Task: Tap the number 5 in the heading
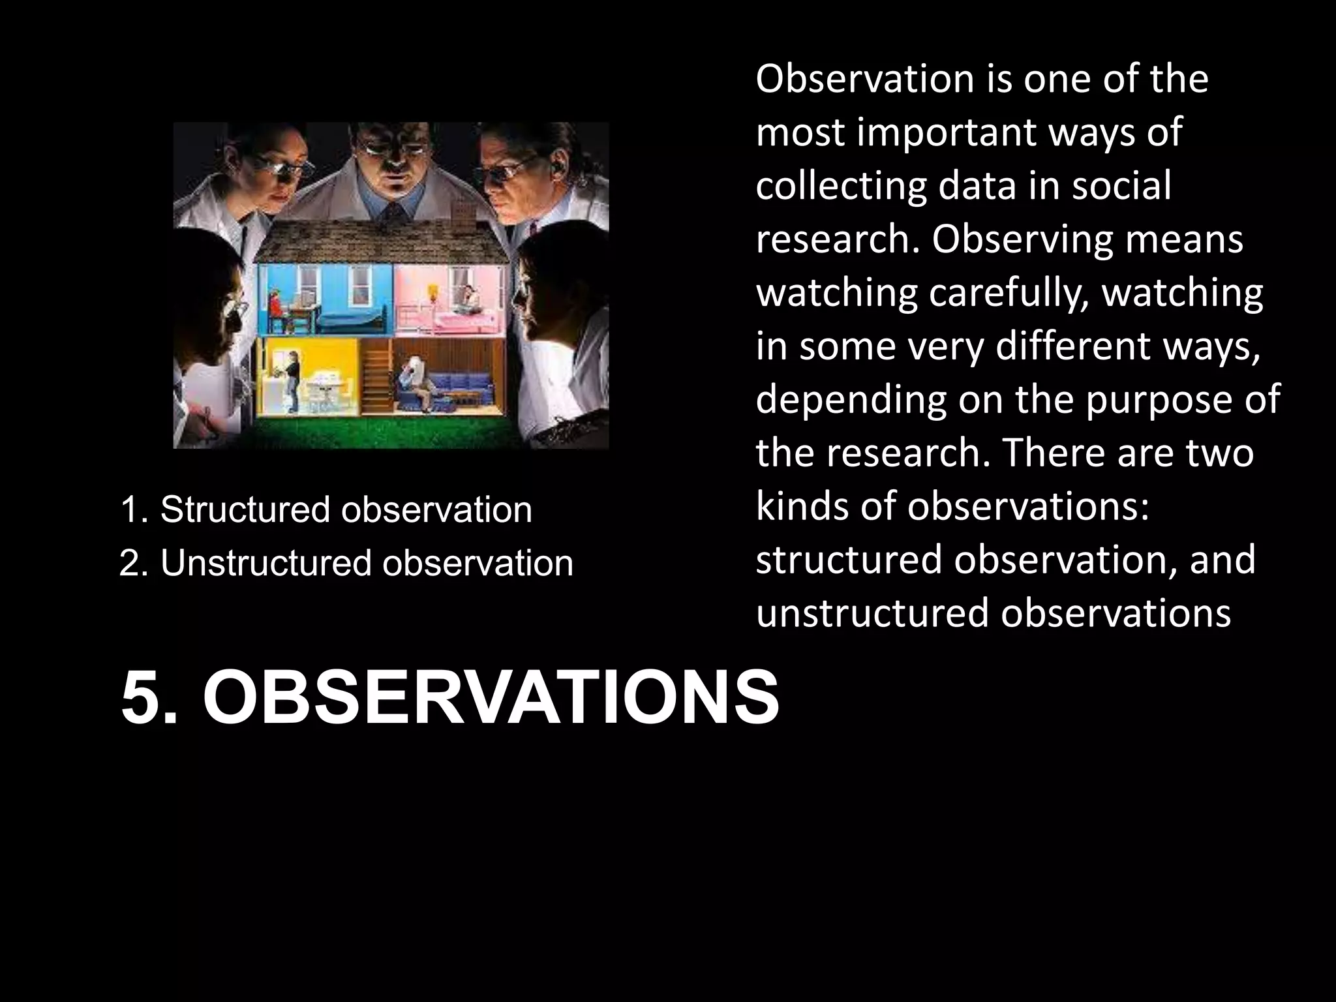pos(142,699)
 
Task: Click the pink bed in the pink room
pos(470,320)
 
